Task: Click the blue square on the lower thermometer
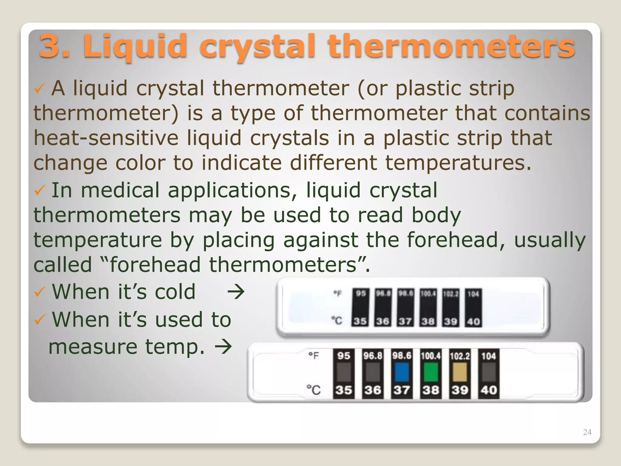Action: (401, 372)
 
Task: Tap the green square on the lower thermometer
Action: (431, 372)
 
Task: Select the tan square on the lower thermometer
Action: (460, 372)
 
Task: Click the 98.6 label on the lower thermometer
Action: (401, 356)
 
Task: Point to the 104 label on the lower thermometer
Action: (488, 356)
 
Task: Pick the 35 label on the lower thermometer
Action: (344, 390)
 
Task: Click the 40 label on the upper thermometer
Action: (473, 321)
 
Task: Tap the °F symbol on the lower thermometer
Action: (314, 355)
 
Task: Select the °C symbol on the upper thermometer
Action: (337, 320)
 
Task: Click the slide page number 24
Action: (587, 432)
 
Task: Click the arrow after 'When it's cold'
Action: (236, 292)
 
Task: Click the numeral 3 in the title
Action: (49, 46)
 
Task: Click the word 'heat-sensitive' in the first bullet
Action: (106, 138)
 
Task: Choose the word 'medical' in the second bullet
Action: (120, 190)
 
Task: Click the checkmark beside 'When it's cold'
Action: (40, 292)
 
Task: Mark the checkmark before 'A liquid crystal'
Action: (40, 89)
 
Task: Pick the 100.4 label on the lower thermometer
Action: (431, 356)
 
